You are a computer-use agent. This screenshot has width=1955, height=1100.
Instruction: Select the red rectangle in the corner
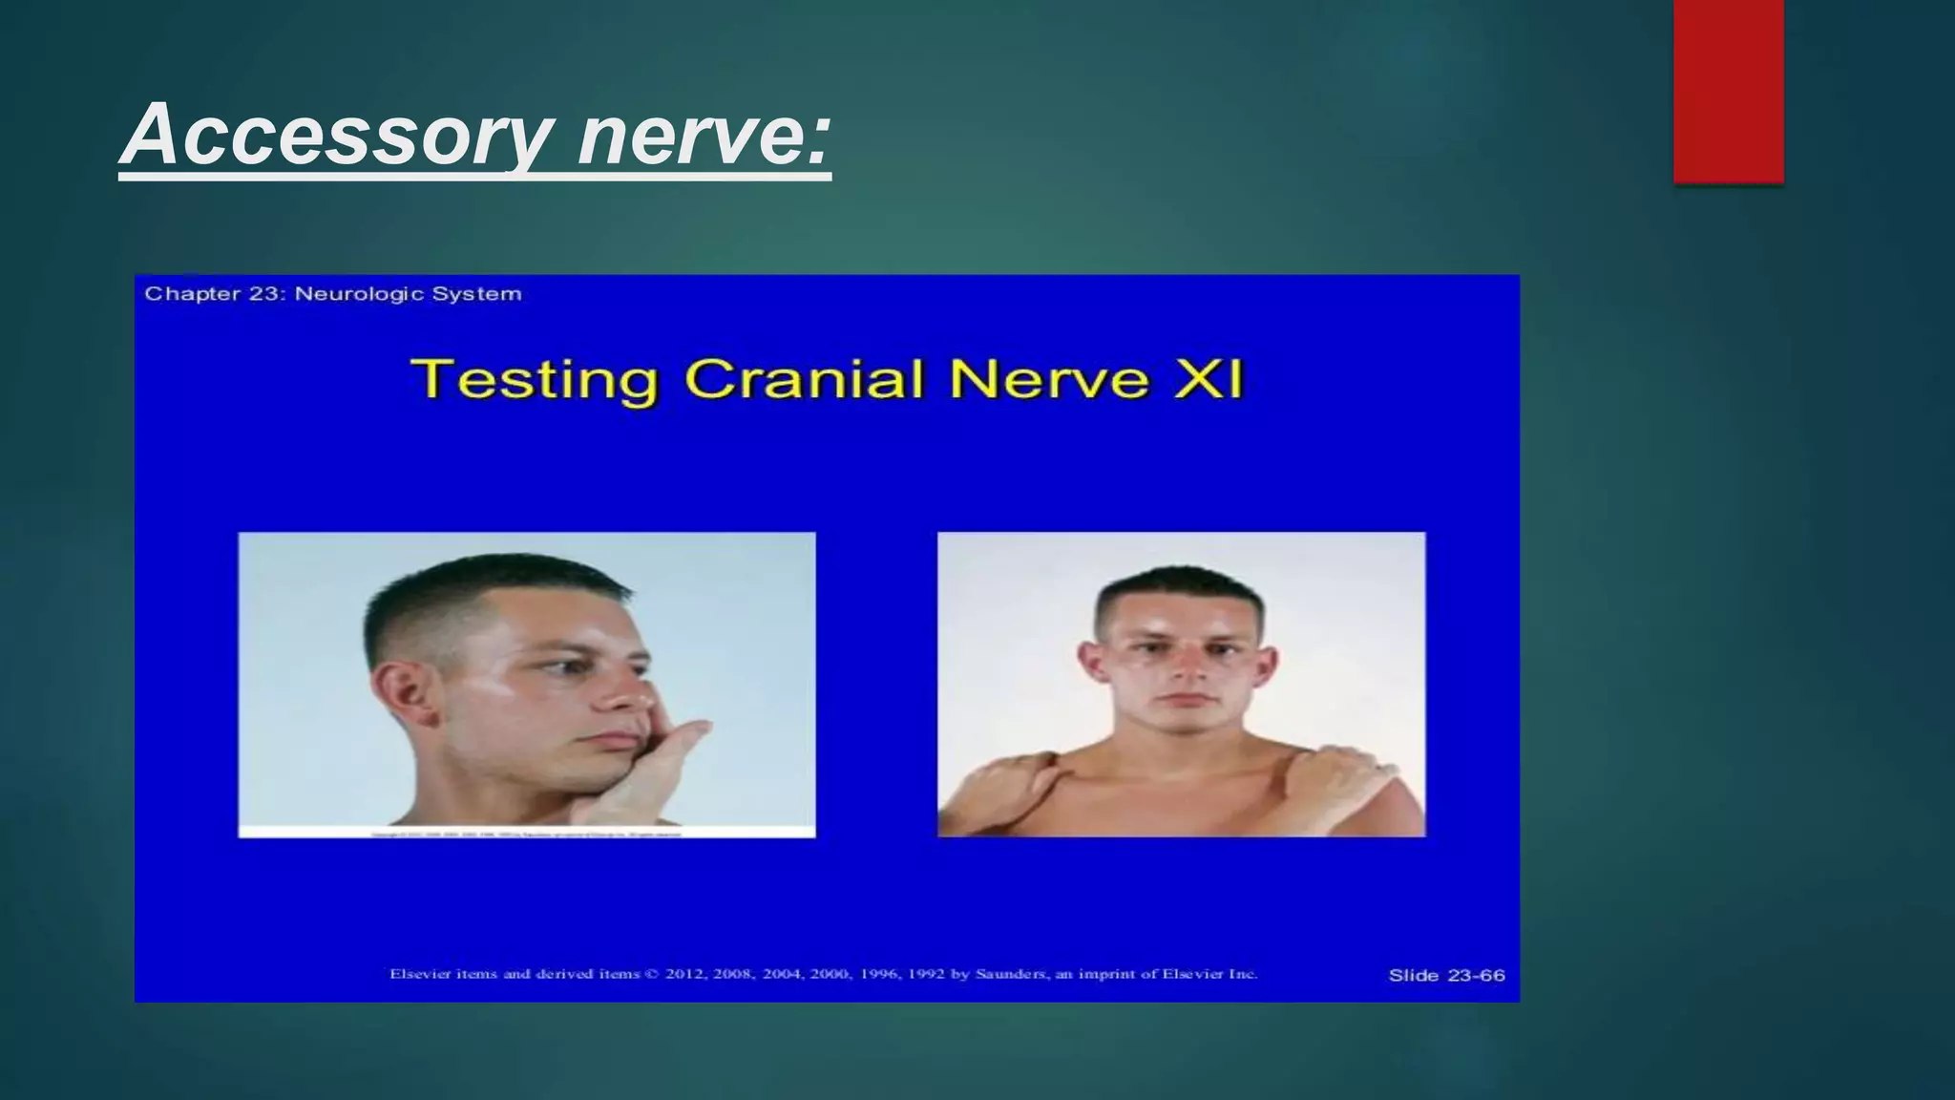click(x=1728, y=91)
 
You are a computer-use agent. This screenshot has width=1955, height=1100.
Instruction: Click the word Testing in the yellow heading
click(x=535, y=379)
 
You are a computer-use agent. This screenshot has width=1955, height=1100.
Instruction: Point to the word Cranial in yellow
click(x=805, y=379)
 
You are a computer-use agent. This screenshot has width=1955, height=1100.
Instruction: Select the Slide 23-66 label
click(x=1446, y=975)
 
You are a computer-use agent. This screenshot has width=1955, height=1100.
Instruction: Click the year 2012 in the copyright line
click(x=686, y=974)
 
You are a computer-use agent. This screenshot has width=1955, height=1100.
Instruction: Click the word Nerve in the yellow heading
click(x=1048, y=379)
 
